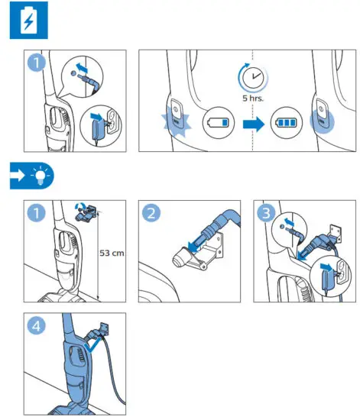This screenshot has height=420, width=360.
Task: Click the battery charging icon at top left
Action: pyautogui.click(x=29, y=20)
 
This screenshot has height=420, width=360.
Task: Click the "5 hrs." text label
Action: pyautogui.click(x=253, y=98)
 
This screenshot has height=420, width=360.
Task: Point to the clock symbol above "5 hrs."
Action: pyautogui.click(x=253, y=77)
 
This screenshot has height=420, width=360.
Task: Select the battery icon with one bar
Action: pyautogui.click(x=219, y=123)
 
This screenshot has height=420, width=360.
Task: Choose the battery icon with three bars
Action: pyautogui.click(x=287, y=123)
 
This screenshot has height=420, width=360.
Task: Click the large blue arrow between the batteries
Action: pyautogui.click(x=254, y=124)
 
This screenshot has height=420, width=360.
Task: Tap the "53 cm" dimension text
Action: pyautogui.click(x=112, y=253)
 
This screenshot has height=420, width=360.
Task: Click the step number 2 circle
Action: pyautogui.click(x=151, y=213)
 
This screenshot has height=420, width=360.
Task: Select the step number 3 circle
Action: pyautogui.click(x=266, y=213)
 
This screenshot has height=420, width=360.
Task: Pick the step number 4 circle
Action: pyautogui.click(x=37, y=326)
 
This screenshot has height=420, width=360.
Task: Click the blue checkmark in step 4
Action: pyautogui.click(x=92, y=345)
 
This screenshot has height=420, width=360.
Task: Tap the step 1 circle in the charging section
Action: pyautogui.click(x=37, y=63)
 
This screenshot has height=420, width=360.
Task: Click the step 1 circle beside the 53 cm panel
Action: pyautogui.click(x=37, y=213)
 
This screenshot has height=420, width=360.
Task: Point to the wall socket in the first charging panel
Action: pyautogui.click(x=113, y=121)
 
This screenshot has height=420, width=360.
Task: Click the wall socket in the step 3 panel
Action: pyautogui.click(x=343, y=273)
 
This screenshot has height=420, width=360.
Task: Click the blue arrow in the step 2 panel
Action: pyautogui.click(x=195, y=244)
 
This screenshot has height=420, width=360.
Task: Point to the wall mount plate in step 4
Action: pyautogui.click(x=104, y=328)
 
